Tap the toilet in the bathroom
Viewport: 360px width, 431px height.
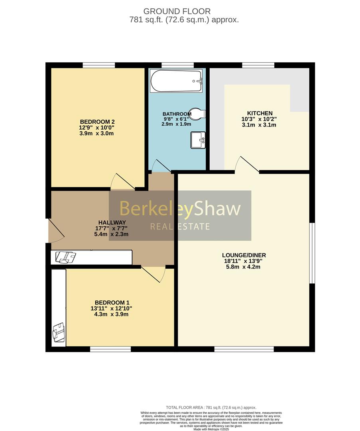point(197,113)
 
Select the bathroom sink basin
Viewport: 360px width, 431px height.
point(198,140)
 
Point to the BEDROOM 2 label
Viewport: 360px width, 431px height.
point(97,122)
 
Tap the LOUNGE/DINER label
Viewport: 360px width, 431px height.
point(244,255)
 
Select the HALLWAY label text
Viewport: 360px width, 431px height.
point(112,223)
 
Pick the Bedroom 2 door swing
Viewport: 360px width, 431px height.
point(122,182)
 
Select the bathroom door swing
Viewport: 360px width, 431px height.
point(160,166)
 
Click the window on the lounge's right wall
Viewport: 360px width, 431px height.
point(313,253)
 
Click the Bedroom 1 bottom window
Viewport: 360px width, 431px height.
point(110,349)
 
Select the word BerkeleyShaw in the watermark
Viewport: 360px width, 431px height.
point(180,209)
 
